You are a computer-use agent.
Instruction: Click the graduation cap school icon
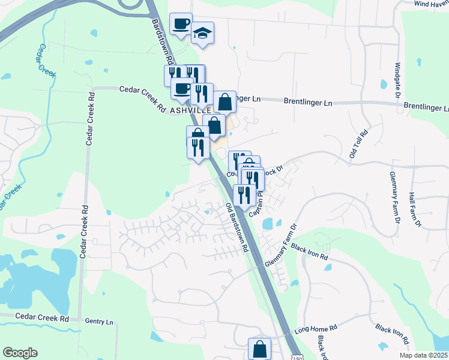(x=203, y=34)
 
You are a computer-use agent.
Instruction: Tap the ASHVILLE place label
(x=191, y=111)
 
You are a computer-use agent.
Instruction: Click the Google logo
(x=20, y=353)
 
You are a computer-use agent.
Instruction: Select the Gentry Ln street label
(x=99, y=322)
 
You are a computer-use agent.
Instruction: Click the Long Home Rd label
(x=316, y=329)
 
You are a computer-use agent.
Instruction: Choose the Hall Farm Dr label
(x=414, y=209)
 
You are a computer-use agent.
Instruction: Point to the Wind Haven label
(x=431, y=4)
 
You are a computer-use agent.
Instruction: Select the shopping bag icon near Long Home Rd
(x=259, y=348)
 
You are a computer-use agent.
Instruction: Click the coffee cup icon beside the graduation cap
(x=181, y=24)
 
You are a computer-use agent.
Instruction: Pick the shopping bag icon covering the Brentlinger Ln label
(x=224, y=101)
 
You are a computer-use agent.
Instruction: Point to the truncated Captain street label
(x=256, y=205)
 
